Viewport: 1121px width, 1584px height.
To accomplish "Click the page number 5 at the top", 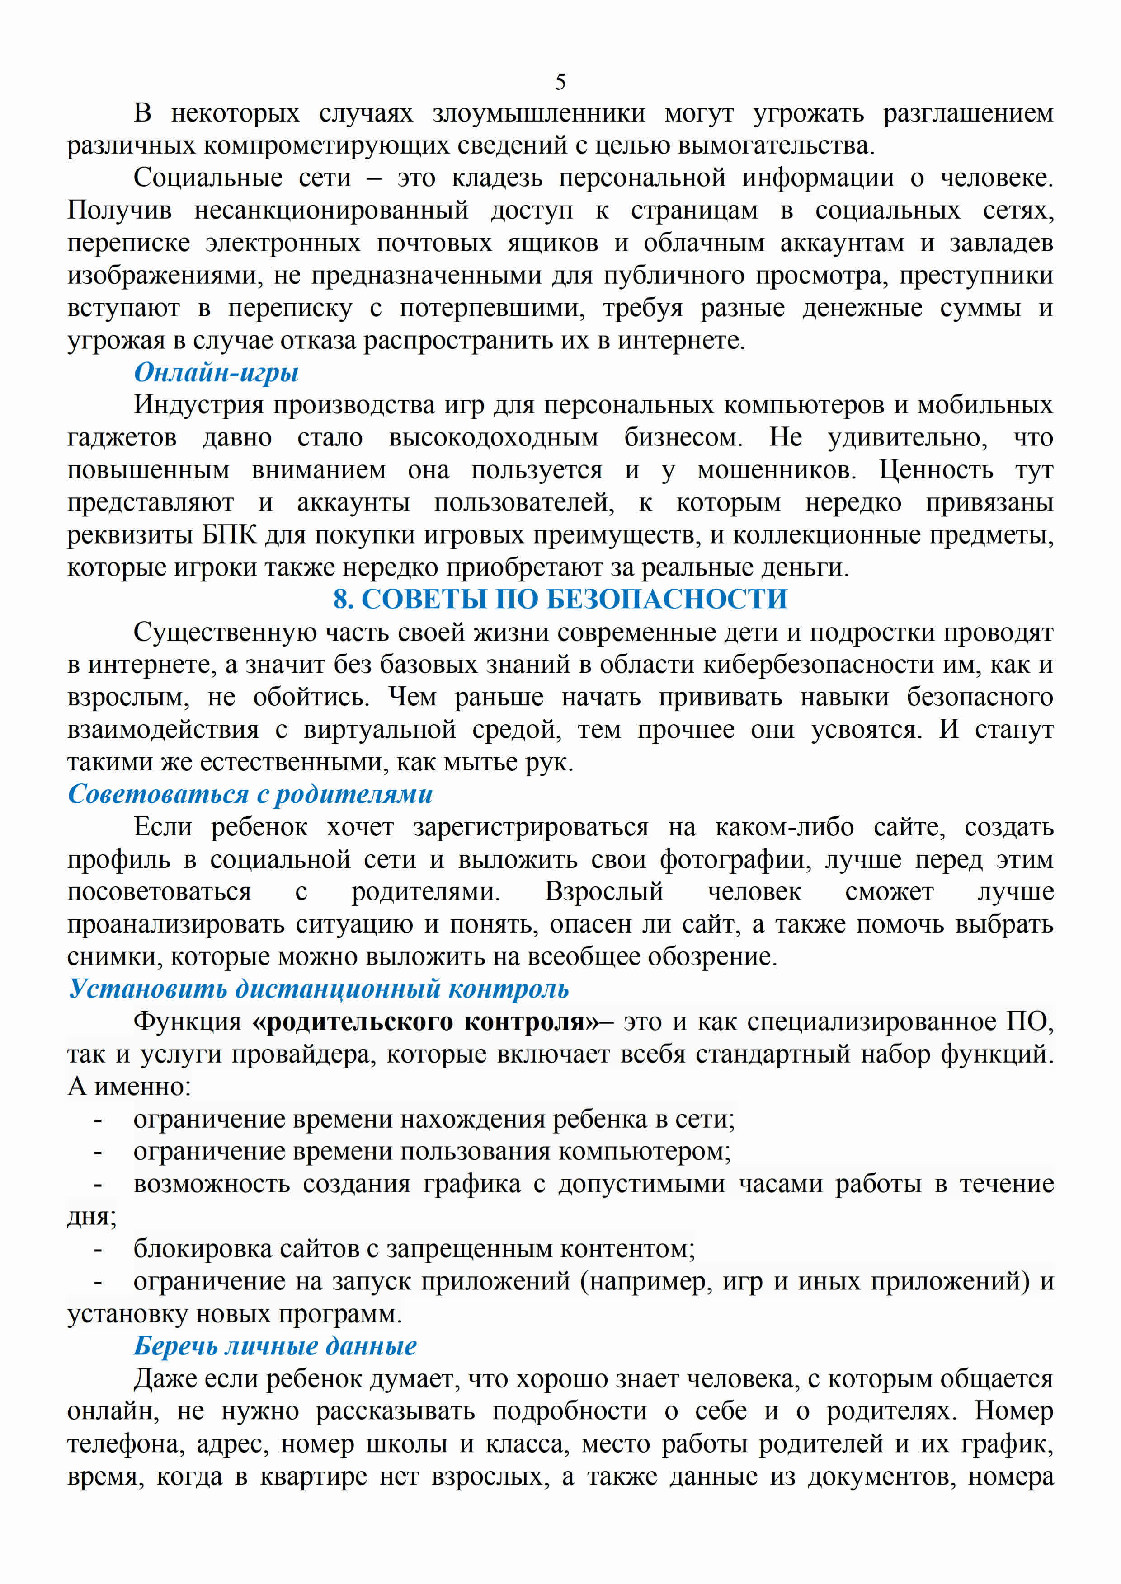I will pos(560,82).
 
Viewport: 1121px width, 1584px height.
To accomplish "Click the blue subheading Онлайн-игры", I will pos(216,373).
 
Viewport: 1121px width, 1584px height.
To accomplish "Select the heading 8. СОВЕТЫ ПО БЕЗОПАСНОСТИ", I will pos(560,599).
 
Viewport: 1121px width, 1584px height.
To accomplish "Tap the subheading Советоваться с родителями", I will pos(250,794).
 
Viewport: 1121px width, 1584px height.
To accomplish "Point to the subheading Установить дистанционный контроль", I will pos(318,989).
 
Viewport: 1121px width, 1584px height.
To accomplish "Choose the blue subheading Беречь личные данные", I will pos(275,1346).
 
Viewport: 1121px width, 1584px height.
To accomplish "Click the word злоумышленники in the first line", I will pos(538,112).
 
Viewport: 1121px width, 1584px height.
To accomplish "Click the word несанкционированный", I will pos(331,211).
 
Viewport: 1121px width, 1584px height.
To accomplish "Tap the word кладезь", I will pos(497,178).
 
